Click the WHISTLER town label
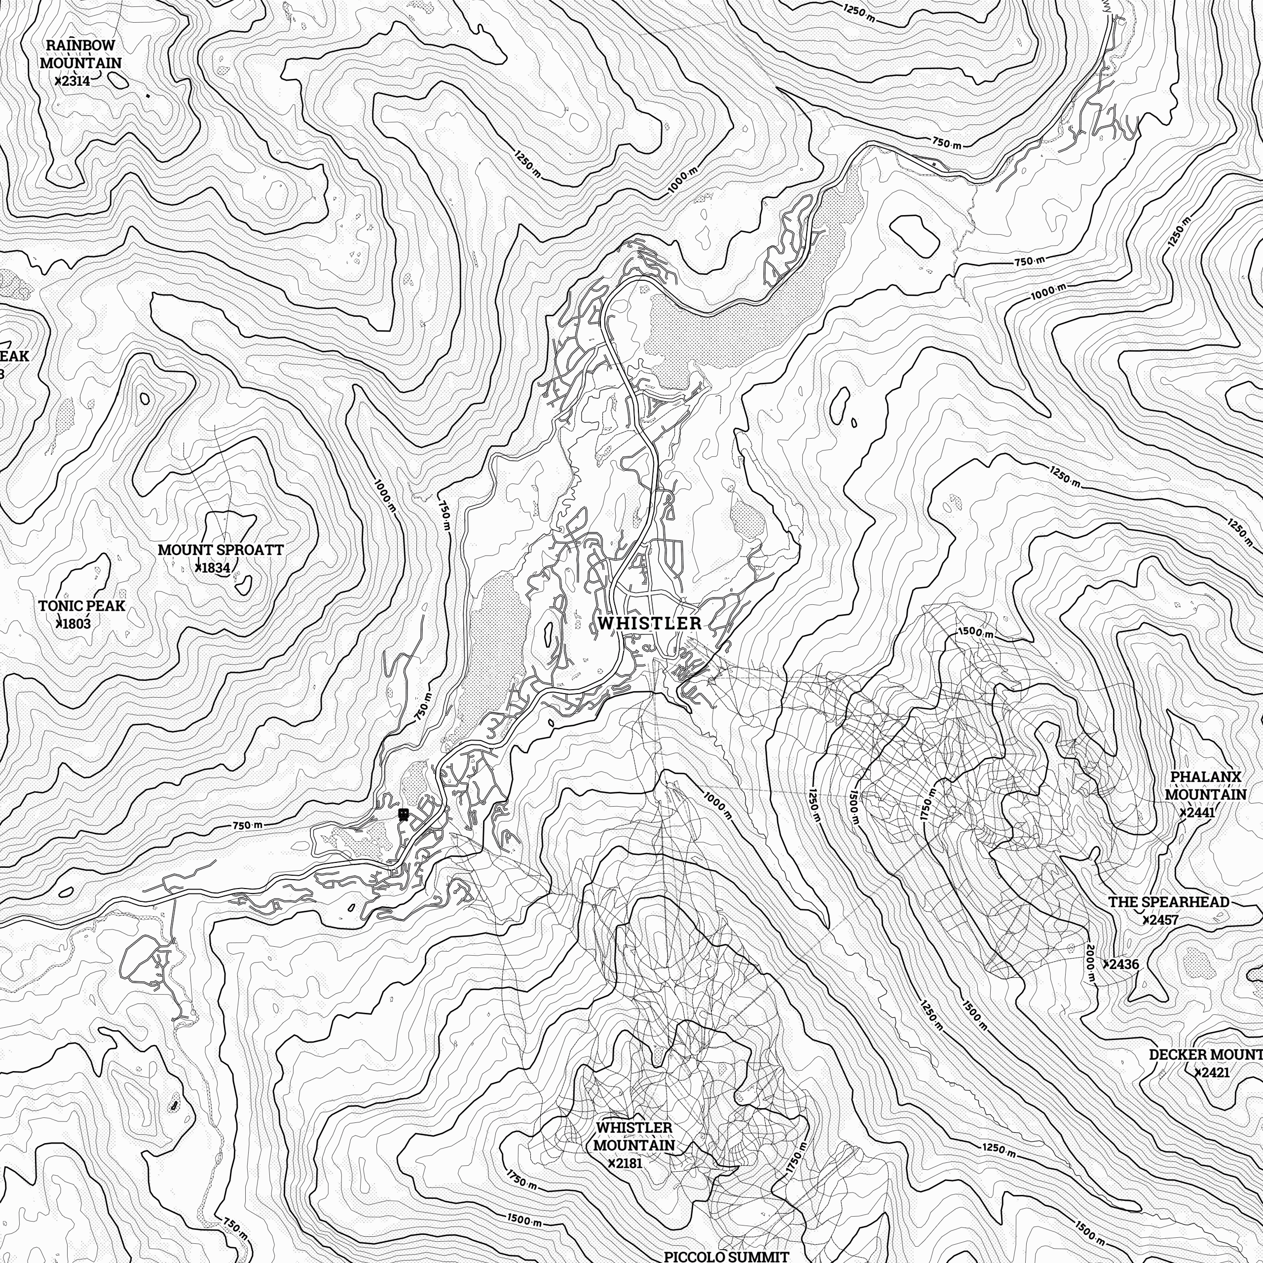(x=649, y=623)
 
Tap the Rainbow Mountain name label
(x=80, y=54)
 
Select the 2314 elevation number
(x=74, y=81)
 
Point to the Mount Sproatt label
(x=221, y=550)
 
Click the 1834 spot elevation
(x=215, y=567)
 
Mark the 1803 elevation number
(x=75, y=624)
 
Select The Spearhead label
(x=1168, y=902)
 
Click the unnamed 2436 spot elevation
(x=1122, y=964)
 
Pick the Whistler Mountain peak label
(x=633, y=1136)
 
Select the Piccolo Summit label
(x=726, y=1257)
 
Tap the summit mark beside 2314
(x=58, y=81)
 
